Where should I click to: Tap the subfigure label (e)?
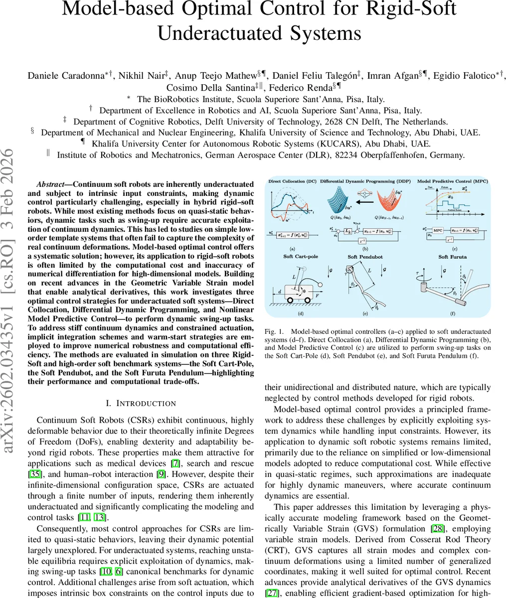coord(365,313)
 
